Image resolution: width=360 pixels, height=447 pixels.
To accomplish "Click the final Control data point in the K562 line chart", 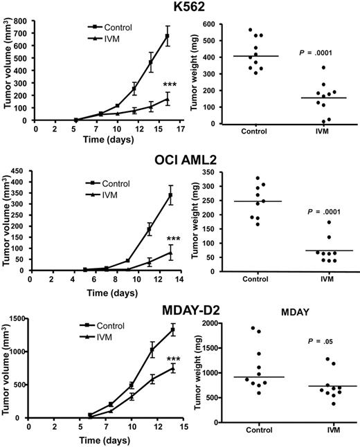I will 167,36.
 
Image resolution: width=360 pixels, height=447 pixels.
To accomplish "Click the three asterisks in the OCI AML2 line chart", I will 174,239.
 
